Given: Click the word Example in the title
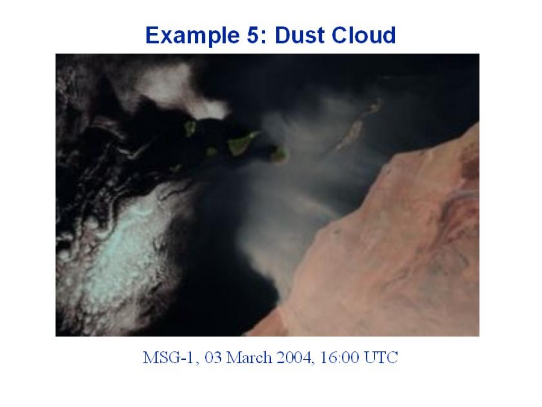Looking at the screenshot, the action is click(x=193, y=36).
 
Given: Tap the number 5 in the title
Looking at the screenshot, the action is click(x=254, y=36).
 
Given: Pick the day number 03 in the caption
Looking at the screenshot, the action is click(x=213, y=357).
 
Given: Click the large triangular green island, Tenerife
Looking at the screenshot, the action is click(x=241, y=143).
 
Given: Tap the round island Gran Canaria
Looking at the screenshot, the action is click(x=279, y=155).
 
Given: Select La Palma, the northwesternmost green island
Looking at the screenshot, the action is click(x=190, y=128).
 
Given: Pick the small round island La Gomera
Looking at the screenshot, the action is click(x=212, y=152).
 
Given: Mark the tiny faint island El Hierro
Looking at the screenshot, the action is click(x=176, y=169).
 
